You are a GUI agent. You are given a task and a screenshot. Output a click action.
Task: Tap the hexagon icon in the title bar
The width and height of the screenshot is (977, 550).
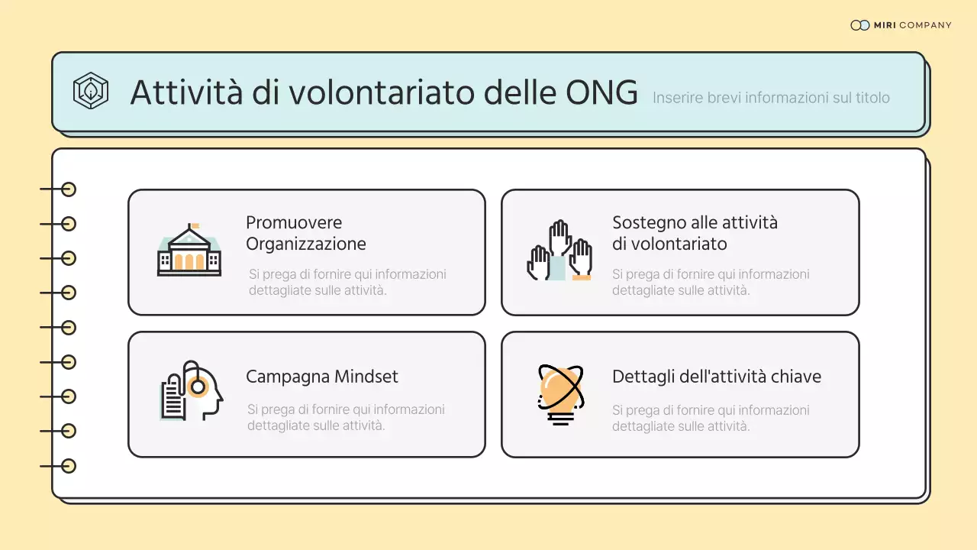click(x=90, y=91)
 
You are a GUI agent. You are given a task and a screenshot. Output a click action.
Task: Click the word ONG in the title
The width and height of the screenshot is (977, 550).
click(x=601, y=92)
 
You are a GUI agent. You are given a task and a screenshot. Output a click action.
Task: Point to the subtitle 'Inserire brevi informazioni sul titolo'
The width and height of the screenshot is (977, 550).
click(x=771, y=98)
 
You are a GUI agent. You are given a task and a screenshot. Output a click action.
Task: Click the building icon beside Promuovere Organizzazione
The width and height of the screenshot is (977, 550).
click(x=189, y=251)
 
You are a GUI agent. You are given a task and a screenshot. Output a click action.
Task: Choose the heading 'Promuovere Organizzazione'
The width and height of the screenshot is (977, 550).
click(x=305, y=233)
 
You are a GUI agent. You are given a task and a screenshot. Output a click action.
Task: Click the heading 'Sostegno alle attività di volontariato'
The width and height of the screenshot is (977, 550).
click(x=695, y=233)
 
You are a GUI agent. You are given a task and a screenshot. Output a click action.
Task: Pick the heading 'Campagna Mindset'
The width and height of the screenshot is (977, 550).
click(x=321, y=377)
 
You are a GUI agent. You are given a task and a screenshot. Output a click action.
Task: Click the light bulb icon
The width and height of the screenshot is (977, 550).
click(x=560, y=394)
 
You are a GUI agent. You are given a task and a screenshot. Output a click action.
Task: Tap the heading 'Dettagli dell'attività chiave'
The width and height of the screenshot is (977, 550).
click(x=716, y=377)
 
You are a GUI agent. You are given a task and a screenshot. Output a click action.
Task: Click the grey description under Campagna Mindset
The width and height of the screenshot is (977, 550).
click(x=346, y=417)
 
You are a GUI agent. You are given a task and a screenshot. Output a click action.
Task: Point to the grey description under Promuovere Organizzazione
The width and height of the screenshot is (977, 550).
click(x=347, y=282)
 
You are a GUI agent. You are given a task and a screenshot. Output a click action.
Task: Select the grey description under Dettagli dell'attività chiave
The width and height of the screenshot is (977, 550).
click(x=711, y=418)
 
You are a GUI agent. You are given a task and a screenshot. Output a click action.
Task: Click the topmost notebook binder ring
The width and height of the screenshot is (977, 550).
click(x=69, y=189)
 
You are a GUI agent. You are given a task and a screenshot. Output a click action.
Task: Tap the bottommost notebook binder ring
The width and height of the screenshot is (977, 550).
click(x=69, y=466)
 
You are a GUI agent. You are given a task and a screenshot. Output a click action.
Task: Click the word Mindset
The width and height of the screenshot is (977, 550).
click(x=365, y=377)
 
